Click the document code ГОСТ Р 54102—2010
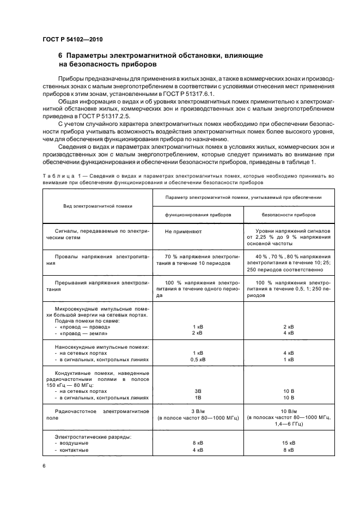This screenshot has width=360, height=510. tap(72, 40)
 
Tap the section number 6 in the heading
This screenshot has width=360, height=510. tap(60, 56)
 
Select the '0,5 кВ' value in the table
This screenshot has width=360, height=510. tap(198, 359)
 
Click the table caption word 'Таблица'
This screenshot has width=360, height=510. tap(57, 176)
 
